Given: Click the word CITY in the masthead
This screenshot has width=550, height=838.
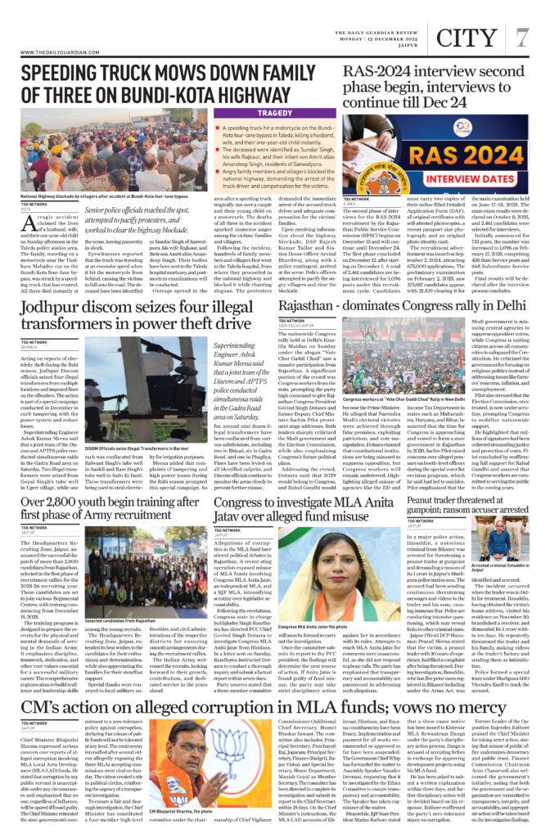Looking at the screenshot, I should click(x=466, y=35).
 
